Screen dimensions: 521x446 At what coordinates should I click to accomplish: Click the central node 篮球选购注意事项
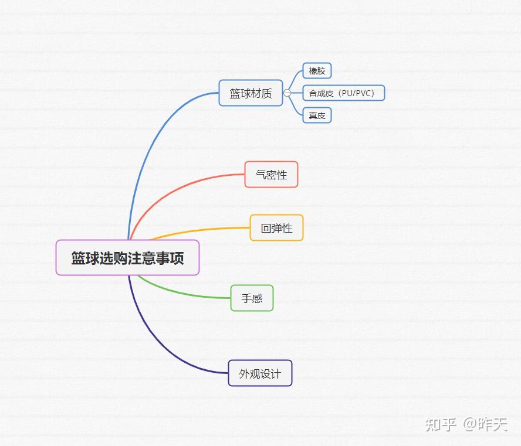tap(127, 258)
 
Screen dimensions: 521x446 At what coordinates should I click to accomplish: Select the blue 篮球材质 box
tap(251, 93)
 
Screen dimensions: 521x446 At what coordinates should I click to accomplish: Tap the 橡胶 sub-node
tap(317, 71)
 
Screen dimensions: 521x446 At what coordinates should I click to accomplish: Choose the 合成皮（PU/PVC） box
tap(343, 93)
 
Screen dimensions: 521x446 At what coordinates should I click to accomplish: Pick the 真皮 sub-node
tap(317, 115)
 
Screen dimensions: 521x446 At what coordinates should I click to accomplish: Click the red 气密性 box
tap(271, 175)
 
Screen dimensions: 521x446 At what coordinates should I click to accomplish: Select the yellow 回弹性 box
tap(276, 228)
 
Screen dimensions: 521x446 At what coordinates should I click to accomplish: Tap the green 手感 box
tap(252, 298)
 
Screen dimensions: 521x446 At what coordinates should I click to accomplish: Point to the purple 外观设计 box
tap(260, 373)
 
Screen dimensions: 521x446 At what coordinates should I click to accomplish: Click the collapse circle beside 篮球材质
tap(287, 93)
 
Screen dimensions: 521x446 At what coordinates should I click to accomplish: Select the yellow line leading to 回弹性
tap(199, 230)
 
